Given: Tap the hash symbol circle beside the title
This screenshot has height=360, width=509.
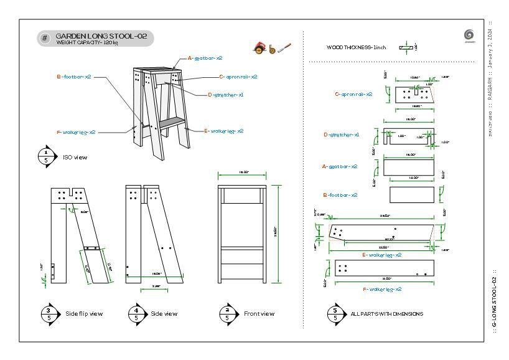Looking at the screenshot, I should pos(45,39).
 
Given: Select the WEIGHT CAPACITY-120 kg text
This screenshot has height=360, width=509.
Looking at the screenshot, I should pos(87,43).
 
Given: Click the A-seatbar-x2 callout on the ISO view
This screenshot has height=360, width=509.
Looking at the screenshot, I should pos(205,58).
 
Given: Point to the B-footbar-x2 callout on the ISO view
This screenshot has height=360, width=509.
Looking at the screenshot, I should pos(74,77).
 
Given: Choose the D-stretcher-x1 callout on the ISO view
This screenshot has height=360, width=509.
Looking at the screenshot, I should pos(225,95).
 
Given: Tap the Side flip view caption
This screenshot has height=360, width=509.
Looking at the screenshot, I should pos(84,314).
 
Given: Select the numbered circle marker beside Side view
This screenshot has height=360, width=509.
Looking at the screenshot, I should pos(136,314).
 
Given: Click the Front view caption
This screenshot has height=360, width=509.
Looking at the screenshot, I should pos(259,314).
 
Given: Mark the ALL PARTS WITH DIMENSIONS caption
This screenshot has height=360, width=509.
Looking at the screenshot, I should pos(386,314).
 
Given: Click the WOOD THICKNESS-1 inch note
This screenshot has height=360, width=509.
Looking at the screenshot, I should pos(357,47).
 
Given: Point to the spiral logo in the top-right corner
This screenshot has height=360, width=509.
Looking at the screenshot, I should pos(469,35).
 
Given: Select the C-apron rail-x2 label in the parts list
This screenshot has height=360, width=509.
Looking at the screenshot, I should pos(353,94).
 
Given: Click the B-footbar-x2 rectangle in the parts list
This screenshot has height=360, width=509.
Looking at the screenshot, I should pos(412,194).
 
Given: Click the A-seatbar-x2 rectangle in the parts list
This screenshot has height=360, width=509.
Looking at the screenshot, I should pos(409,167).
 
